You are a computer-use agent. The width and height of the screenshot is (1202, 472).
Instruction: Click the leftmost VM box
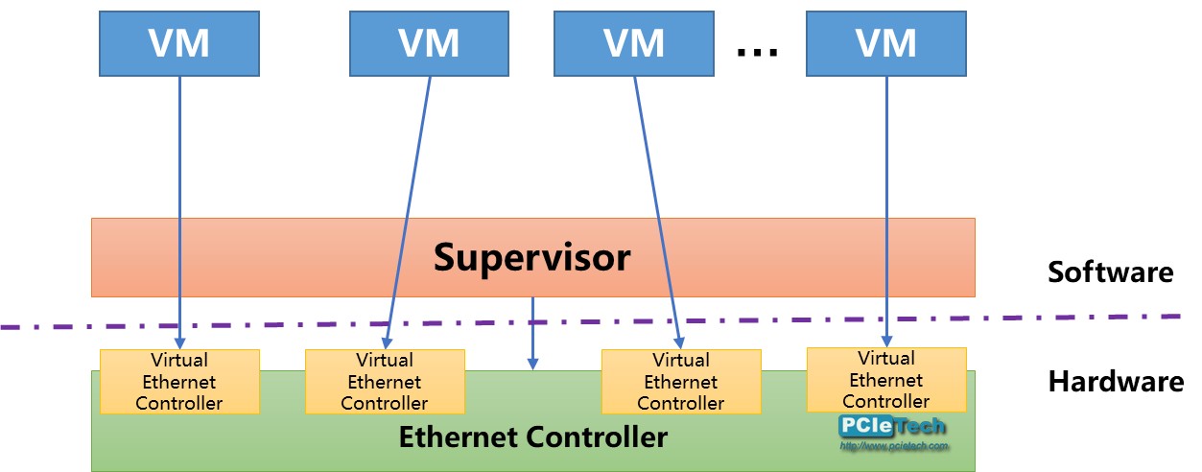pos(179,43)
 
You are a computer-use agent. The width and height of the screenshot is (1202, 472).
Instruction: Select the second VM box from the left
pos(429,43)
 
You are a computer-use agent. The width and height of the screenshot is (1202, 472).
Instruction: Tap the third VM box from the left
pos(634,43)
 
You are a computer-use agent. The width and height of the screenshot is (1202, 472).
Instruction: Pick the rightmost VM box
pos(886,43)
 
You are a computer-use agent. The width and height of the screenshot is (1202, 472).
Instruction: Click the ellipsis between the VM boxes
pos(757,50)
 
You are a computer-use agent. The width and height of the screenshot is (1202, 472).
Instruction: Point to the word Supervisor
pos(531,257)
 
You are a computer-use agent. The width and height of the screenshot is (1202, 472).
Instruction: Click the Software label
pos(1110,271)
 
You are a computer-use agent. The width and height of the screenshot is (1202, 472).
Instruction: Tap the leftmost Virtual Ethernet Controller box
pos(179,382)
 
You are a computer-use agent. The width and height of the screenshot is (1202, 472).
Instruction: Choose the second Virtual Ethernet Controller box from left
pos(385,382)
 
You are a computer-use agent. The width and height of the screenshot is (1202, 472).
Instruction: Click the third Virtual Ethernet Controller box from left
pos(681,382)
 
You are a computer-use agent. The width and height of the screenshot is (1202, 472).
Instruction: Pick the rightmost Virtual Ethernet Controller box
pos(886,380)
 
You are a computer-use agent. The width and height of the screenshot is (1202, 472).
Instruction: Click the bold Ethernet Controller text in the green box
pos(532,437)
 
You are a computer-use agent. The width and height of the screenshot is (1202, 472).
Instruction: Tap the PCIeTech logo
pos(892,427)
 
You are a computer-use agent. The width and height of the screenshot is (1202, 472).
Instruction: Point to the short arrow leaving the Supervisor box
pos(533,332)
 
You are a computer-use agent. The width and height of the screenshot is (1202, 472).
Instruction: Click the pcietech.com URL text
pos(893,446)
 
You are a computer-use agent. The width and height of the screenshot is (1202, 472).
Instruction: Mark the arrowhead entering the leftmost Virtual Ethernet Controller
pos(179,342)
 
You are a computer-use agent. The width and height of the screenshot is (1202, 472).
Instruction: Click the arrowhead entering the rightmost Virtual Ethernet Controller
pos(886,341)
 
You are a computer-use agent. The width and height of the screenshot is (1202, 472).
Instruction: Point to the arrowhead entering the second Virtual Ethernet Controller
pos(387,342)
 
